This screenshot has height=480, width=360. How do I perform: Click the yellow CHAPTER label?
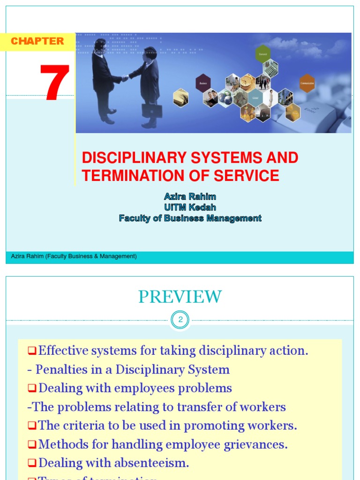37,41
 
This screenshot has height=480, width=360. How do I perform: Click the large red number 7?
55,82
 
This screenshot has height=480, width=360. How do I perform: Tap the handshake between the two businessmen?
125,78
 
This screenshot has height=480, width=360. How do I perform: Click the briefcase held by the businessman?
151,110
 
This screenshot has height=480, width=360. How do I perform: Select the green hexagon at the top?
262,53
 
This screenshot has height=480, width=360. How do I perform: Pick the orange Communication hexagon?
307,83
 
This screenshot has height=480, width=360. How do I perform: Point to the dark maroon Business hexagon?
203,82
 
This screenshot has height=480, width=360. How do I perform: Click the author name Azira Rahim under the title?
190,196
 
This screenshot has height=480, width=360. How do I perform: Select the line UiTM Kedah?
190,207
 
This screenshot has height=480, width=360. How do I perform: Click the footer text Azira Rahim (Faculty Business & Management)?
74,256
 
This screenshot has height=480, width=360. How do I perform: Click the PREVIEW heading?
180,297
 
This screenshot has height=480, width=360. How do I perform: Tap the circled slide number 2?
180,321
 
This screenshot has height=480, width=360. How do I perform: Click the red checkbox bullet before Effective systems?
32,350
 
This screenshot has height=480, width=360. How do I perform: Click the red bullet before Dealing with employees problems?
32,388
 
